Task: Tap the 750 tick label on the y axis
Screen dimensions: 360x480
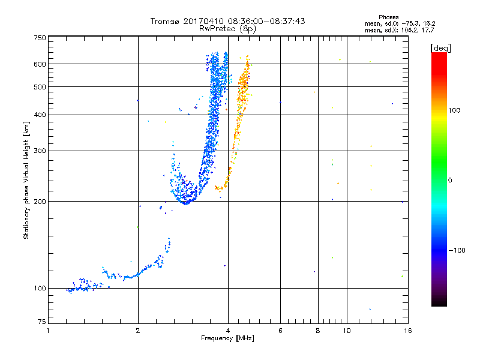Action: (40, 37)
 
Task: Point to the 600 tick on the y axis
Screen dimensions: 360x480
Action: (40, 64)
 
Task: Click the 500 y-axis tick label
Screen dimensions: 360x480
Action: (40, 86)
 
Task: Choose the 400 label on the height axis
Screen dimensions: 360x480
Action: (40, 115)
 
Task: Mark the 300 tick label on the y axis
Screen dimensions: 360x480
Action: (40, 151)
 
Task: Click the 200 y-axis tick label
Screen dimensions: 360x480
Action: (40, 201)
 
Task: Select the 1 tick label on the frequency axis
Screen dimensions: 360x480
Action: (48, 331)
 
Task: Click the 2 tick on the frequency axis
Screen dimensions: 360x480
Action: (138, 331)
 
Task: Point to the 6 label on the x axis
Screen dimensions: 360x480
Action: (280, 331)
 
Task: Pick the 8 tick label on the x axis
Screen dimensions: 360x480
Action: (318, 331)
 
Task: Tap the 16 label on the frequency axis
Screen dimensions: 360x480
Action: (408, 331)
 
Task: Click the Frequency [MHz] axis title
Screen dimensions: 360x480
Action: (227, 339)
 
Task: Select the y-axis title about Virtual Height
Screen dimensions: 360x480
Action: (26, 180)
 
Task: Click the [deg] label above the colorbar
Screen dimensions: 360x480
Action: (441, 47)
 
